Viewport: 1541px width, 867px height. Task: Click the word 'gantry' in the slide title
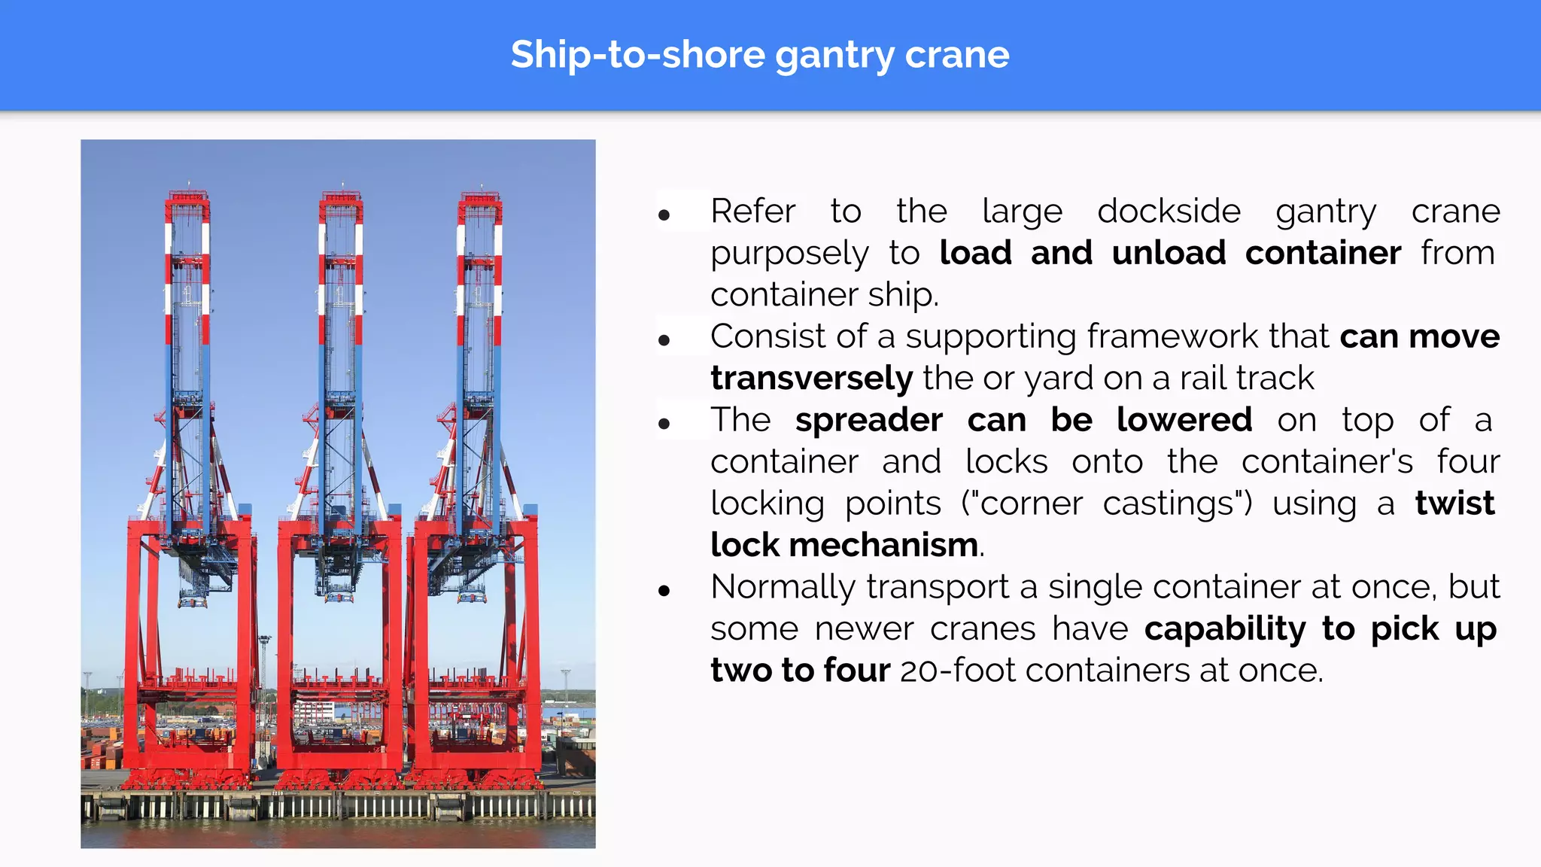pos(834,56)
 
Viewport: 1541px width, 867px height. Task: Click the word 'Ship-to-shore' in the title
pos(637,56)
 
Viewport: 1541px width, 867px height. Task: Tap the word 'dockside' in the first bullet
pos(1169,211)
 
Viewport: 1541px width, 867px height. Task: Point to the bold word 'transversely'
pos(811,378)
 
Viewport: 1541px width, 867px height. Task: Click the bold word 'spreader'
pos(868,420)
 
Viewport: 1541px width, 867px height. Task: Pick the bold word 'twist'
pos(1454,503)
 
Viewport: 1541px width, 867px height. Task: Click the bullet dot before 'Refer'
pos(664,216)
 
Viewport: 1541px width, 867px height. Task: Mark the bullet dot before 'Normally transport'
pos(664,591)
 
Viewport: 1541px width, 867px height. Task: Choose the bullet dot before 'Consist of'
pos(664,341)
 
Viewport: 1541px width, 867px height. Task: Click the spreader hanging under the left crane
pos(193,601)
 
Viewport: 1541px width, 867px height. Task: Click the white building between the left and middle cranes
pos(314,710)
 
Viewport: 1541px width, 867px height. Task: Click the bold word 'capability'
pos(1225,629)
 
